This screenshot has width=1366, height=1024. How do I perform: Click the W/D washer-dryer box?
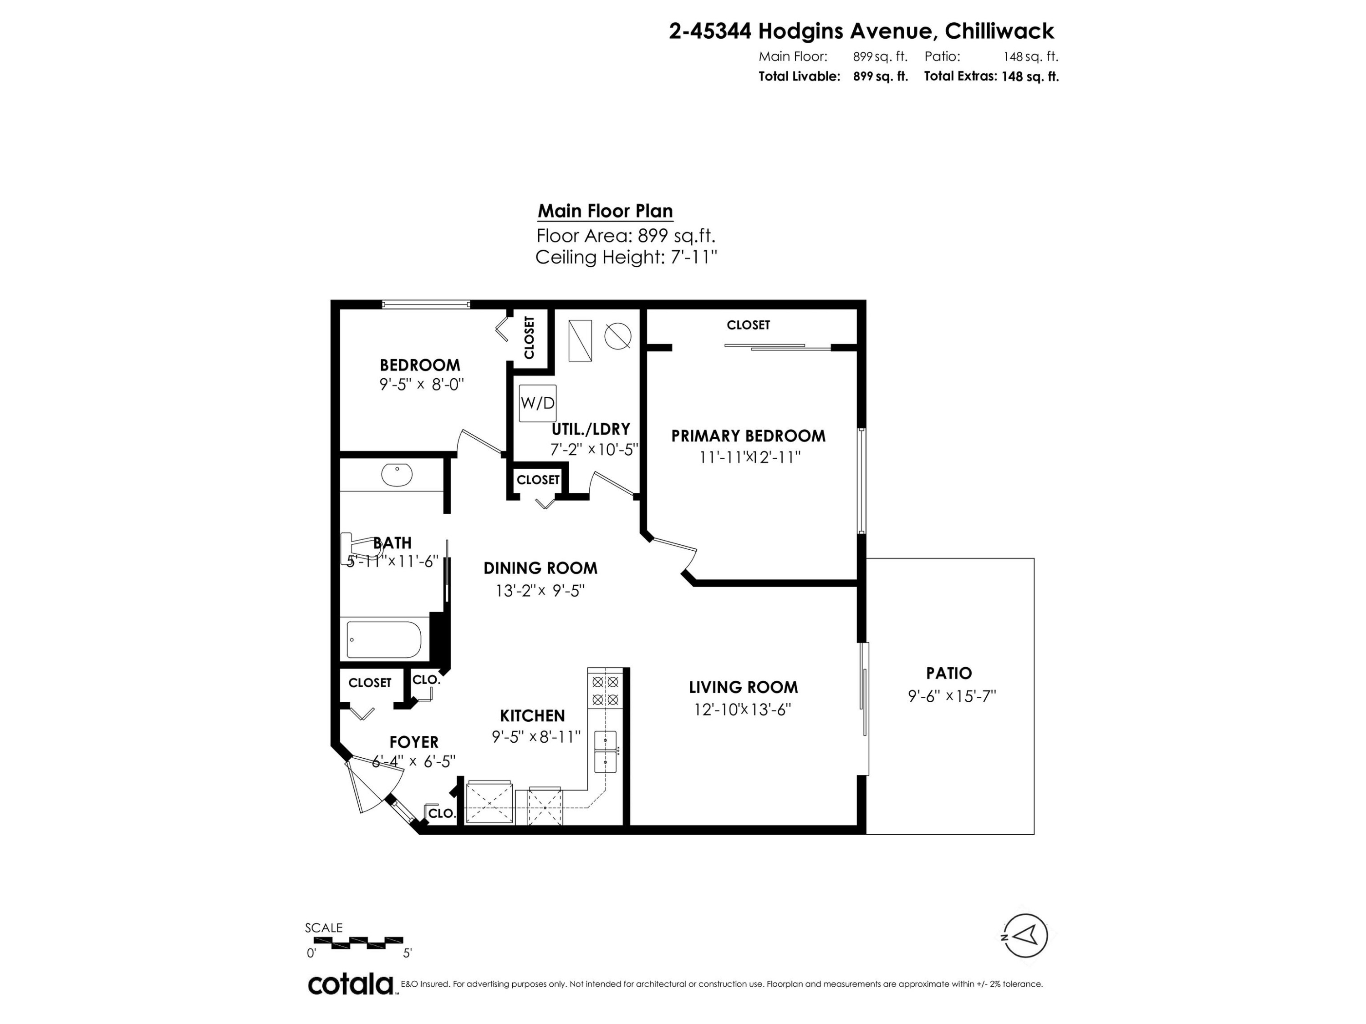click(x=537, y=403)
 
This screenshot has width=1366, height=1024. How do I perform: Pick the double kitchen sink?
click(x=606, y=751)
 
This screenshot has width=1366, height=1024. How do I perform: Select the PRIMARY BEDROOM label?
click(x=748, y=436)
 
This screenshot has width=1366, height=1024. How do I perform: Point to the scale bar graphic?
click(x=358, y=943)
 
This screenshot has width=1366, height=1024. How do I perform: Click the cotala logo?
click(x=351, y=984)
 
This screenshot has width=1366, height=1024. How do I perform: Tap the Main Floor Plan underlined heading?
click(x=605, y=211)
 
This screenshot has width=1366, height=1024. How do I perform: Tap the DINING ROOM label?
click(x=540, y=568)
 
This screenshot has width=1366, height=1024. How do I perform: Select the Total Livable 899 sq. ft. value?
click(x=880, y=76)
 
